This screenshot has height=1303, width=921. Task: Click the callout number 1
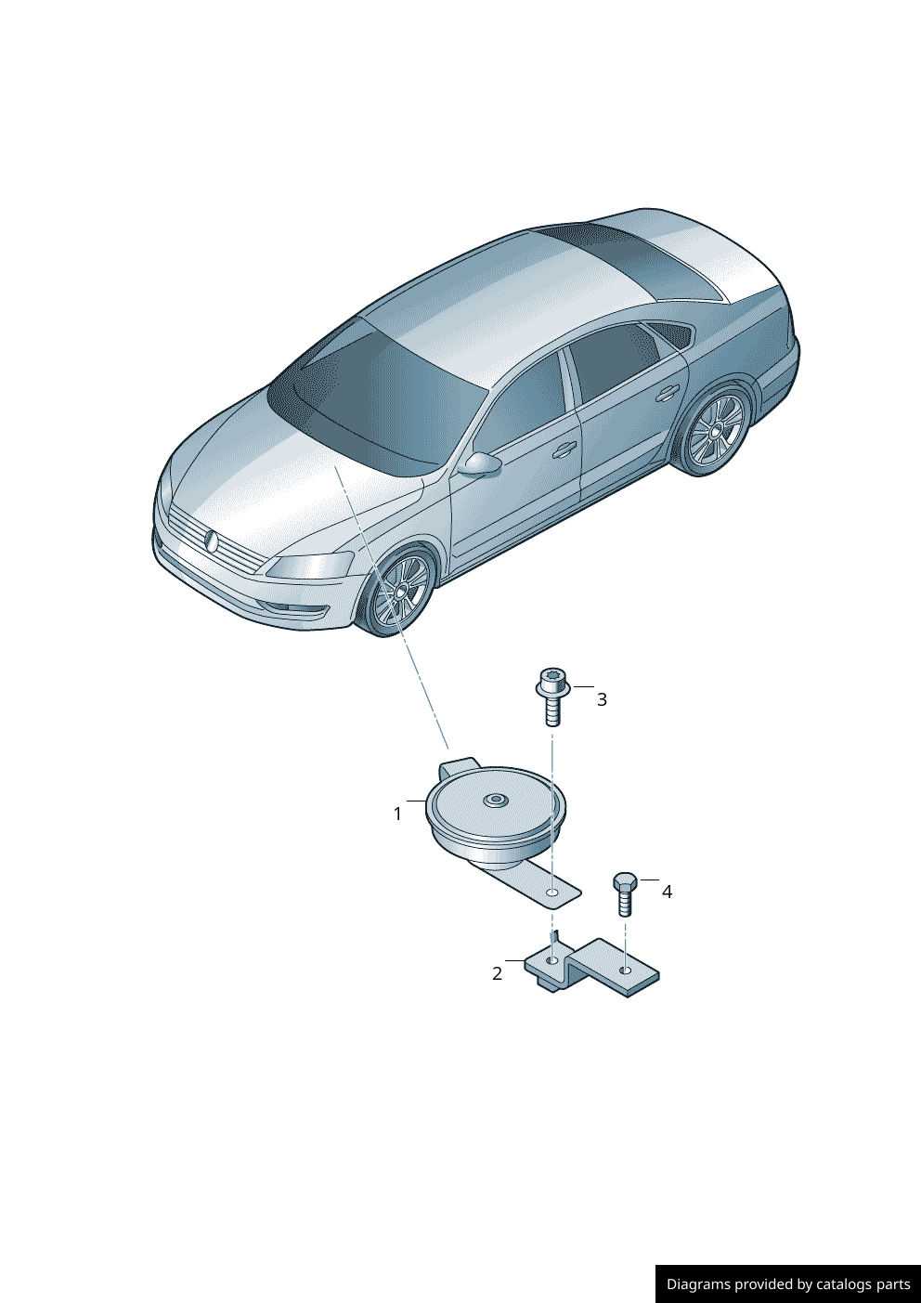click(397, 814)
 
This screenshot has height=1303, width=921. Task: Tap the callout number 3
click(602, 699)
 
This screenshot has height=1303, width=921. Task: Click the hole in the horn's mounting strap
click(552, 893)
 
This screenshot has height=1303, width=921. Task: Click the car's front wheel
click(401, 591)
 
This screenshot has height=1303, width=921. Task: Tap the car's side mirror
click(482, 463)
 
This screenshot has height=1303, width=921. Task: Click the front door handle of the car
click(563, 449)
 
